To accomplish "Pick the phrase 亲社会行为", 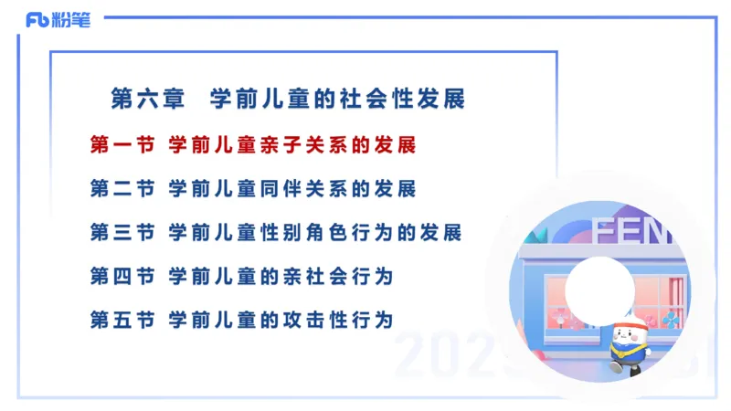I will [x=339, y=276].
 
